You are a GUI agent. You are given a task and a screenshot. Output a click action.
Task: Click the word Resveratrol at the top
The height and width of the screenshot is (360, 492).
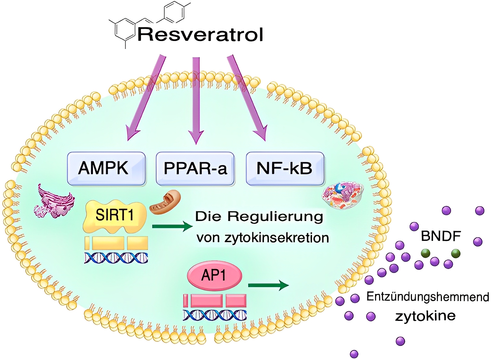tap(200, 35)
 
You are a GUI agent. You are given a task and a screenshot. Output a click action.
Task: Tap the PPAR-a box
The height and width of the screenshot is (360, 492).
tap(195, 168)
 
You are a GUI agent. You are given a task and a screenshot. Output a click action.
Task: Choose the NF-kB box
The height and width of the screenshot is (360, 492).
tap(285, 168)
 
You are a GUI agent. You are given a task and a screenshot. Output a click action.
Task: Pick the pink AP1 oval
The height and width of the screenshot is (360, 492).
tap(214, 276)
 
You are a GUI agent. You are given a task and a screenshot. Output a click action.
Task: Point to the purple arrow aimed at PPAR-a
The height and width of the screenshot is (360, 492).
tap(196, 99)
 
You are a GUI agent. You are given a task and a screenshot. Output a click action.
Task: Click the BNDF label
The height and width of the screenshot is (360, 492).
tap(441, 236)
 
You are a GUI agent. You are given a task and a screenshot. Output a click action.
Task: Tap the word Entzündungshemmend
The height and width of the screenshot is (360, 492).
tap(428, 297)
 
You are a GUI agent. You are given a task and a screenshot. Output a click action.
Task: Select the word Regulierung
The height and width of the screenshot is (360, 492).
tap(275, 217)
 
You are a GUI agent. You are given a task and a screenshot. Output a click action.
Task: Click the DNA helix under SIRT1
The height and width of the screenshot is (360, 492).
tap(116, 258)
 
